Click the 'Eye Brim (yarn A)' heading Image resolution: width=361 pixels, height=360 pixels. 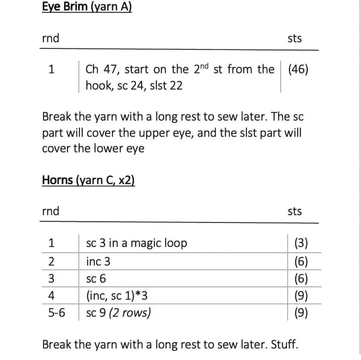point(87,7)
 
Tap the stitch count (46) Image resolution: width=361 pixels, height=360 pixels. point(298,69)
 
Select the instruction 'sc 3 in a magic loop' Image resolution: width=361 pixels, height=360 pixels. point(136,243)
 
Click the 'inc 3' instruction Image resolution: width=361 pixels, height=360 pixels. point(98,261)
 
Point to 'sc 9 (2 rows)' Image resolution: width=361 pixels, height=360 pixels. point(118,313)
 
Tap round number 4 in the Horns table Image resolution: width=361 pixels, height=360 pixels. point(51,296)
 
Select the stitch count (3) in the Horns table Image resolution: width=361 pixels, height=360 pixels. point(301,243)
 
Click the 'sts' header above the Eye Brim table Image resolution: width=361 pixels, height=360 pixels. point(294,39)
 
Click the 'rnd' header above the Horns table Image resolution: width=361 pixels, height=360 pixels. point(50,211)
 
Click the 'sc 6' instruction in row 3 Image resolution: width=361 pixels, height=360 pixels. point(96,279)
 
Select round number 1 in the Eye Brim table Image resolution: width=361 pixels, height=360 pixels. point(51,69)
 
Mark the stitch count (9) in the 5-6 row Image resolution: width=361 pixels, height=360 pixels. point(301,313)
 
